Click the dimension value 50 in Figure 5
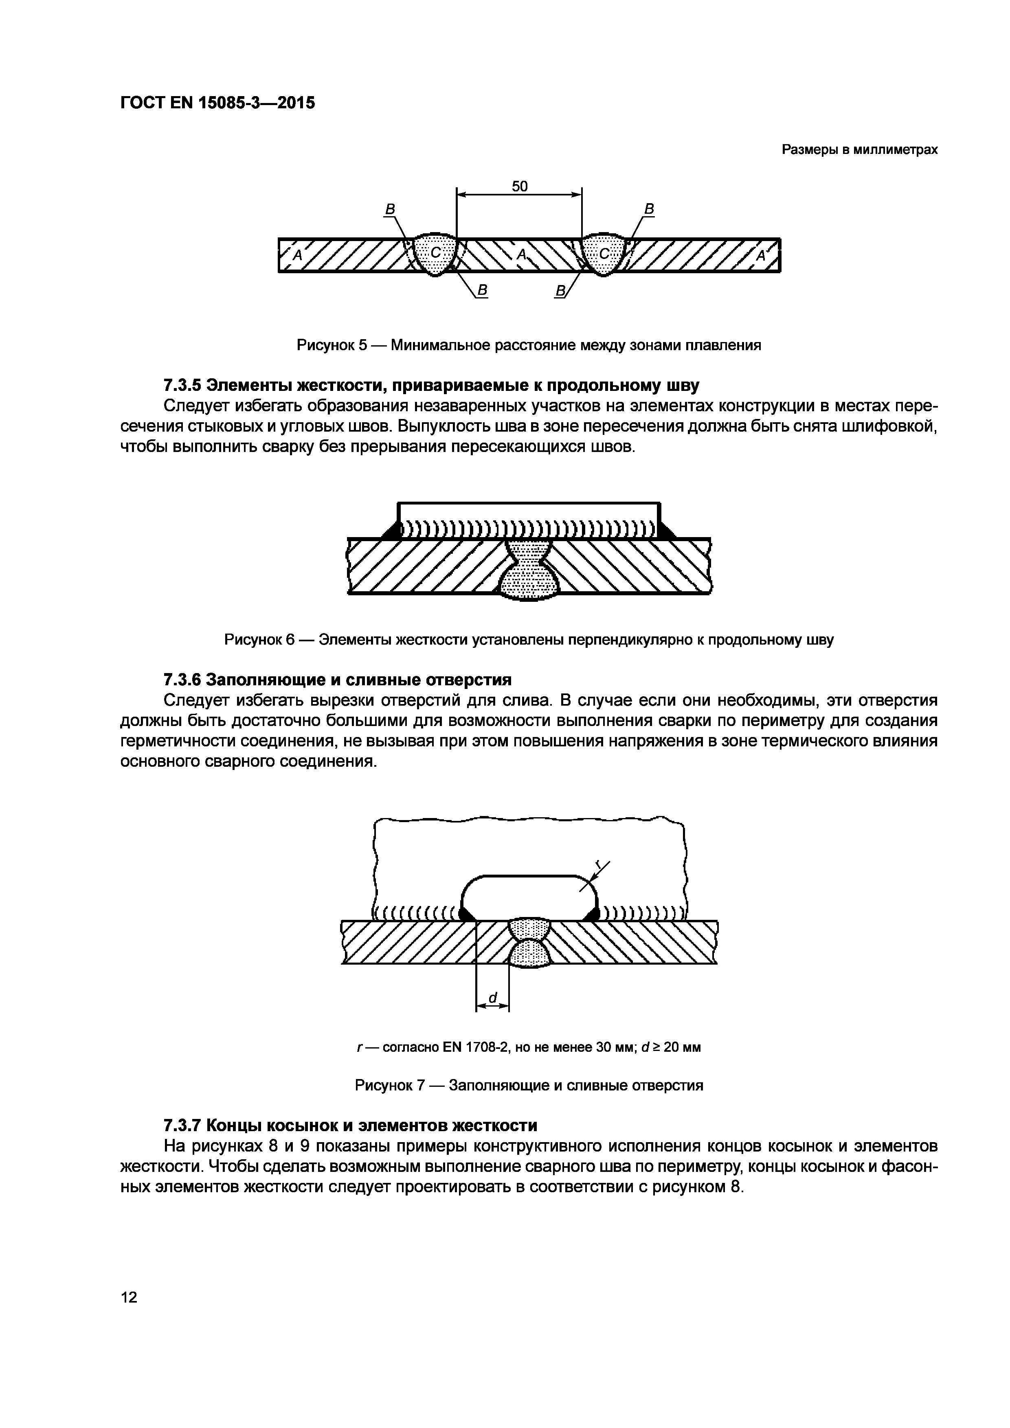pos(519,186)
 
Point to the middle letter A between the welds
pos(521,254)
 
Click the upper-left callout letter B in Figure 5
pos(390,210)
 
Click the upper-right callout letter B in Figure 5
pos(649,210)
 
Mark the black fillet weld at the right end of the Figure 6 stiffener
pos(667,531)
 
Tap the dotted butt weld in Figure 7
pos(529,942)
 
